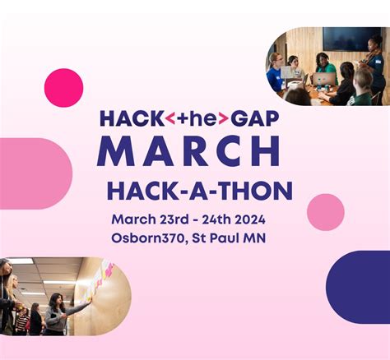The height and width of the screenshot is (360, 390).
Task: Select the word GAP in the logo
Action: pos(254,118)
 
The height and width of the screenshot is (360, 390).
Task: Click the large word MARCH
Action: pos(189,151)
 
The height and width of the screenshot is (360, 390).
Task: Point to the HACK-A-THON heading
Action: pos(199,192)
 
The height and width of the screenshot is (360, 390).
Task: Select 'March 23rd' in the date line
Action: pos(146,219)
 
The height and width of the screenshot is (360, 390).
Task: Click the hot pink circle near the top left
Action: pos(63,88)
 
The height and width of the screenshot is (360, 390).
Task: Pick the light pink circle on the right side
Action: pos(325,212)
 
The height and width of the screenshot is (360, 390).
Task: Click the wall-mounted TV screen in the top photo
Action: pos(340,39)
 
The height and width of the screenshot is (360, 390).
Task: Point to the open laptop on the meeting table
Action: pos(323,79)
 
